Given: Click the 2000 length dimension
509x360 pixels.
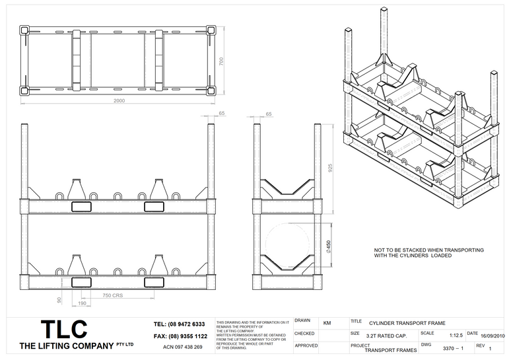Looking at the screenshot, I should click(x=119, y=100).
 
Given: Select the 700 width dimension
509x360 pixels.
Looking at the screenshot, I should click(x=222, y=61).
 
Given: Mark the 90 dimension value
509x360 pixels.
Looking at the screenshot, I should click(x=59, y=301).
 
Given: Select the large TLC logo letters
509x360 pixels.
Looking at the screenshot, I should click(x=63, y=330).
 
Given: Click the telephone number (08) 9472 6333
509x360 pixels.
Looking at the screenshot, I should click(x=179, y=324).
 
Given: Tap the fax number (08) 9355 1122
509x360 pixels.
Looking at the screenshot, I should click(x=179, y=336).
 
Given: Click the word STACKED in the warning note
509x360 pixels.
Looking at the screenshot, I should click(x=413, y=250).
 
